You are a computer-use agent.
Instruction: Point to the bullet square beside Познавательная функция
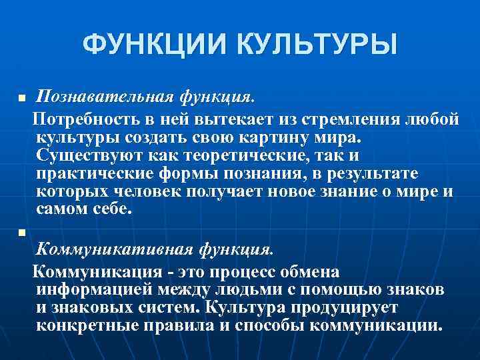tap(21, 99)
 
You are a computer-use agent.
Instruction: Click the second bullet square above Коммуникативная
tap(21, 233)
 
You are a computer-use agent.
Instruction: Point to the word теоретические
tap(224, 155)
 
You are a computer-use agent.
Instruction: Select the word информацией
tap(94, 290)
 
